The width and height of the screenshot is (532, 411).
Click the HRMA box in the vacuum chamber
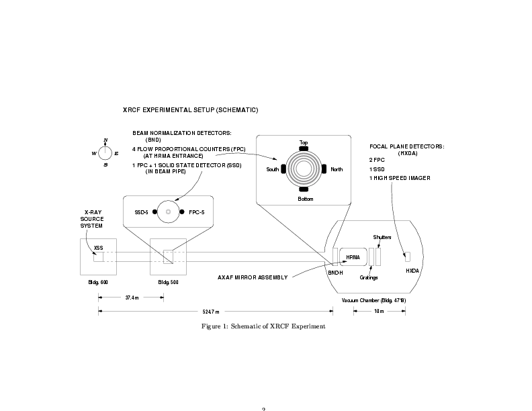(353, 257)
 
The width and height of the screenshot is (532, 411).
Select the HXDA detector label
(411, 271)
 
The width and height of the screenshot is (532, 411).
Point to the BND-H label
(335, 272)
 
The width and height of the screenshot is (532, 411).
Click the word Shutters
(382, 237)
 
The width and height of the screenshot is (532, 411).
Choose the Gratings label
(369, 277)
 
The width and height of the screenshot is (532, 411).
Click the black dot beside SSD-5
(154, 212)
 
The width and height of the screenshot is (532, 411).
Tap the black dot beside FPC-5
(182, 212)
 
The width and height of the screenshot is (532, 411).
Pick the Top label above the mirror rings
(304, 142)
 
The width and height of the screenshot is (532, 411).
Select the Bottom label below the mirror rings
(305, 199)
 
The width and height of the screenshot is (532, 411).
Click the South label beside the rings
(272, 169)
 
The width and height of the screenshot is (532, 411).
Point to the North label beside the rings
(336, 169)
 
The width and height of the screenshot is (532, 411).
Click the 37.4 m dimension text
(132, 298)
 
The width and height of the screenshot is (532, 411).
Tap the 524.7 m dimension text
(211, 311)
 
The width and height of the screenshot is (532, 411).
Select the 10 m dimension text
(378, 311)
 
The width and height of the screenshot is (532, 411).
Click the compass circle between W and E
(105, 152)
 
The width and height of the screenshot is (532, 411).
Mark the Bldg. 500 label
(168, 282)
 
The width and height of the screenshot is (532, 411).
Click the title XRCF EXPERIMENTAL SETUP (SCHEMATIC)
(190, 109)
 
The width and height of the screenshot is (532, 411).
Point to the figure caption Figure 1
(263, 326)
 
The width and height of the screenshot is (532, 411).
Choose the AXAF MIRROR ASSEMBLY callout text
(253, 277)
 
